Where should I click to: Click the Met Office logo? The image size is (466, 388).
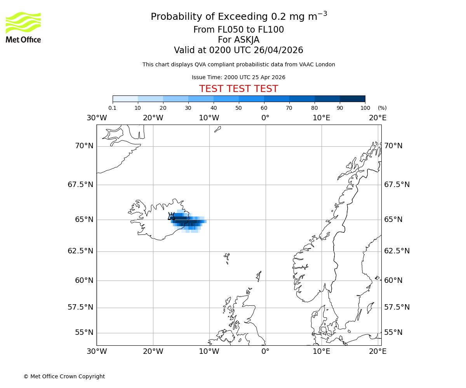(23, 27)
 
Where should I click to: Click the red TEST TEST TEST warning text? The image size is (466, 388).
(238, 89)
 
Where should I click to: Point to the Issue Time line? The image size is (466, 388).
(238, 77)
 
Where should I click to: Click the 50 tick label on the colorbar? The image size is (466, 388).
(238, 108)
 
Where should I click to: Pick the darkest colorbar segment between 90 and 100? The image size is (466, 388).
(352, 99)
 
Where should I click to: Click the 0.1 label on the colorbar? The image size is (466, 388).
(112, 108)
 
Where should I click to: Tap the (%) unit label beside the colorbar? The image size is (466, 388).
(382, 108)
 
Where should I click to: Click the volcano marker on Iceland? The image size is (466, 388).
(171, 216)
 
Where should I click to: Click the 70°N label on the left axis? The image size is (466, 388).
(84, 146)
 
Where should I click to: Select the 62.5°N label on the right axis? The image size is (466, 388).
(397, 251)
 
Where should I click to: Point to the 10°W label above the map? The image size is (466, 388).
(209, 118)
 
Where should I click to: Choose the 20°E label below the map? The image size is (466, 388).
(377, 352)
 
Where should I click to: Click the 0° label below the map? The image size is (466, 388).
(265, 352)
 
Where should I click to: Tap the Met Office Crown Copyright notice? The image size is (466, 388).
(64, 376)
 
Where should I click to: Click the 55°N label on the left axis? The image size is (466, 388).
(84, 333)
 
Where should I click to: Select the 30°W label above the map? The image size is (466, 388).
(96, 118)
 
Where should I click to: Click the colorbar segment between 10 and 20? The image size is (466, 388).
(150, 99)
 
